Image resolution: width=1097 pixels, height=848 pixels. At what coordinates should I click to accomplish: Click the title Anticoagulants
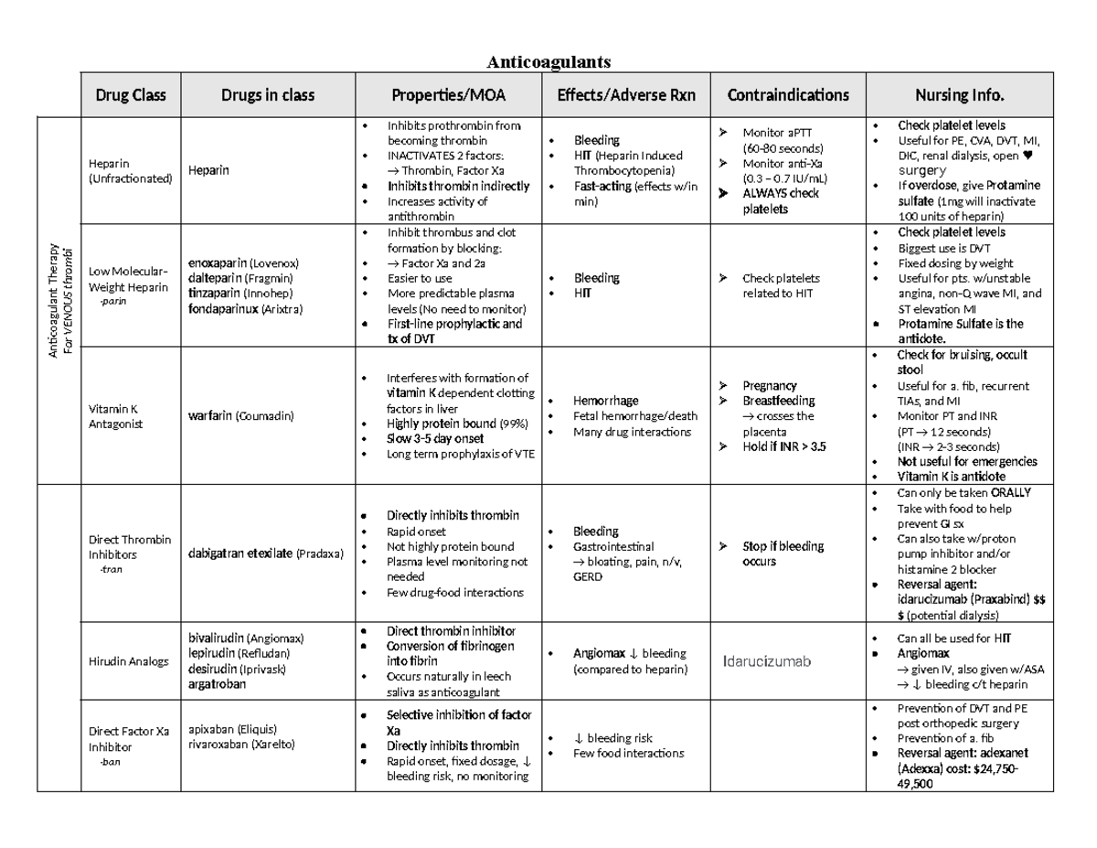click(x=548, y=61)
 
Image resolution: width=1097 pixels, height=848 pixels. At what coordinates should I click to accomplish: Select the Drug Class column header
click(x=131, y=95)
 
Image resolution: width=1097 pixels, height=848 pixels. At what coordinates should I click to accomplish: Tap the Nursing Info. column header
click(x=960, y=95)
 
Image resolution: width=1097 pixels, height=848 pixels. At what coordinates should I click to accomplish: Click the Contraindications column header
click(x=787, y=95)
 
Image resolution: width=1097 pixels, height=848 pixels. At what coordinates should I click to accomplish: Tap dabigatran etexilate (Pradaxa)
click(x=265, y=553)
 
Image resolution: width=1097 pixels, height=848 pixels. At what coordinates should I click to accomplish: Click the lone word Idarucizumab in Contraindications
click(x=766, y=661)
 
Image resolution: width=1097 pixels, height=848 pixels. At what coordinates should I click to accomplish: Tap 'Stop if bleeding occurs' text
click(x=783, y=553)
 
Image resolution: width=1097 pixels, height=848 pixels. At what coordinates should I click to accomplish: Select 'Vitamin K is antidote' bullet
click(x=951, y=477)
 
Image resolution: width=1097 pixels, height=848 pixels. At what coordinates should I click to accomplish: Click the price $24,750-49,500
click(x=951, y=776)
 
